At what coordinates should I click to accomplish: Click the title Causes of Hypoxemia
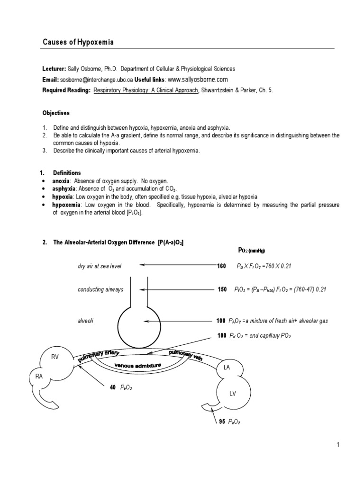[x=78, y=43]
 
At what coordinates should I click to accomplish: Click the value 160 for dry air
[x=222, y=266]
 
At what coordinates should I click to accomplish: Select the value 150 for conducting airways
[x=222, y=289]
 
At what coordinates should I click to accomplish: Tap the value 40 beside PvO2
[x=113, y=387]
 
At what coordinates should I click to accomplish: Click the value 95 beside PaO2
[x=221, y=422]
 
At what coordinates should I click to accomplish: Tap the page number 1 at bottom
[x=338, y=445]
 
